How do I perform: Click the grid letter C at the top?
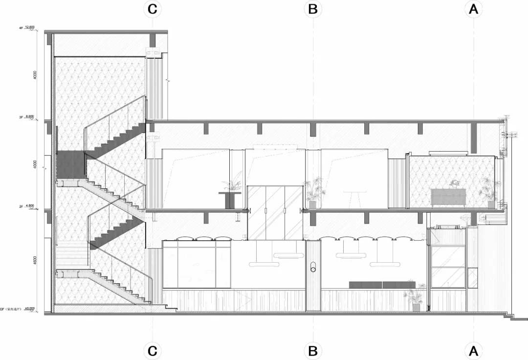tap(153, 9)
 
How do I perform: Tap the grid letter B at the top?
tap(313, 9)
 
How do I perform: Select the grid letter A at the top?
tap(473, 9)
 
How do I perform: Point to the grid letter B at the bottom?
tap(313, 351)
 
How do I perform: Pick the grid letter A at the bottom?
tap(473, 351)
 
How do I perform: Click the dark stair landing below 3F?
tap(71, 165)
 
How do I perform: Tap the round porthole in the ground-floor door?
tap(313, 267)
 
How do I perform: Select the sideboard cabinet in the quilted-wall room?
tap(448, 198)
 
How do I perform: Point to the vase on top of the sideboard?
tap(455, 184)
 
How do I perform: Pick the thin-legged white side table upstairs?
tap(352, 199)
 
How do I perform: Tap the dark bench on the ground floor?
tap(382, 285)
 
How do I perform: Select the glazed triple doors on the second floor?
tap(274, 212)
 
